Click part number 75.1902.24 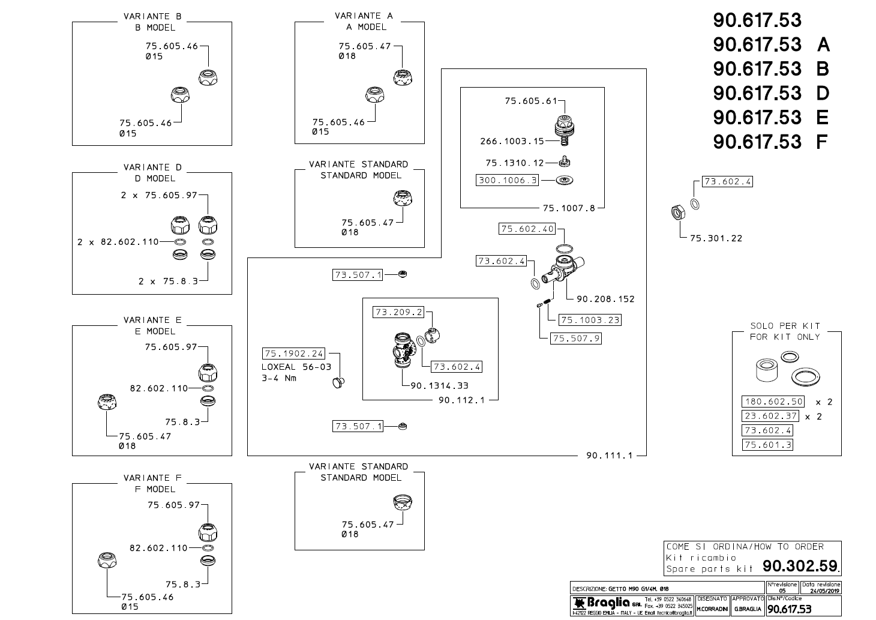point(294,354)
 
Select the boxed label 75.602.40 point(527,229)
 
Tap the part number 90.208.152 point(605,299)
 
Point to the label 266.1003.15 point(512,141)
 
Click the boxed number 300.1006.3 point(508,179)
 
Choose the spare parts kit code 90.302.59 point(800,566)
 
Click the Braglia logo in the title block point(602,603)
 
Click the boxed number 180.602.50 point(772,402)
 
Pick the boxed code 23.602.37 point(770,416)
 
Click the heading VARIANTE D point(152,167)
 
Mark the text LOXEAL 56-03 point(288,367)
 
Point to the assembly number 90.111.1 point(609,456)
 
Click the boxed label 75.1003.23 point(589,320)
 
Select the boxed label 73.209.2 point(398,312)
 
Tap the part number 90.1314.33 point(439,386)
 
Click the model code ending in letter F point(770,142)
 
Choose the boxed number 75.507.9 point(575,339)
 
